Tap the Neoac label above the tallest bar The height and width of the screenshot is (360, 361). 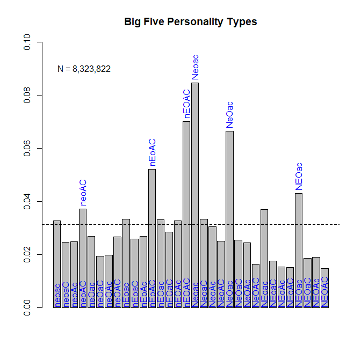click(195, 67)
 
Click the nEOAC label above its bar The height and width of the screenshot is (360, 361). click(186, 104)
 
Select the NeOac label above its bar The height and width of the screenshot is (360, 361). click(229, 114)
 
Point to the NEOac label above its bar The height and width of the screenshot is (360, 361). click(299, 177)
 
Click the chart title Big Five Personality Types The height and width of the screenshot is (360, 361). click(191, 22)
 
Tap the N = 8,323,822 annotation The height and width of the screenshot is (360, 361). click(84, 69)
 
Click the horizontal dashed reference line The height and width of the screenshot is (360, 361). click(333, 224)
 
